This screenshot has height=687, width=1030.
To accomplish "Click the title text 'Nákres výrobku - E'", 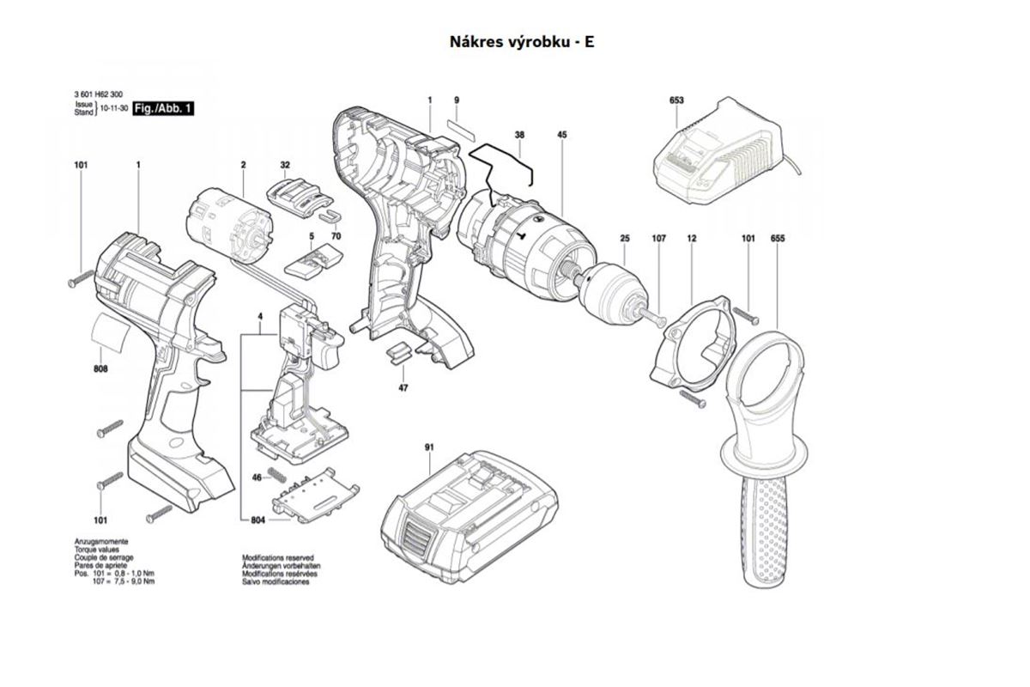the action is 522,42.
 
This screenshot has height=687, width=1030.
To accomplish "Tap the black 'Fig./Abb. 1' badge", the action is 163,108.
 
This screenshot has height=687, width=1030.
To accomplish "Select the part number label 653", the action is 676,100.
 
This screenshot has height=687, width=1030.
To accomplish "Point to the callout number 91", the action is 429,447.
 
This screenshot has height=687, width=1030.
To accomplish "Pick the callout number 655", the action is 778,239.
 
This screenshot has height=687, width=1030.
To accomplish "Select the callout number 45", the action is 562,135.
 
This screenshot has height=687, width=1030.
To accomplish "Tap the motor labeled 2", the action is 227,226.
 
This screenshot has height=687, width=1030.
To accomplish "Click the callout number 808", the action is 100,368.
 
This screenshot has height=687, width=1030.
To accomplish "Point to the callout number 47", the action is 403,388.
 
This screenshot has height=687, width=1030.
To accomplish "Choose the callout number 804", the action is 258,520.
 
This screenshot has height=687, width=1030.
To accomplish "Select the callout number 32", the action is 285,165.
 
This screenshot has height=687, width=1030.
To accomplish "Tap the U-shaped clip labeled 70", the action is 330,215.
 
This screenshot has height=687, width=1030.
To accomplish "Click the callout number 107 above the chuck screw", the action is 659,239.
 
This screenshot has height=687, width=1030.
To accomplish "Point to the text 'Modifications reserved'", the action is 278,557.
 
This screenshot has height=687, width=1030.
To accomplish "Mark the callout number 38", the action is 519,135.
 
